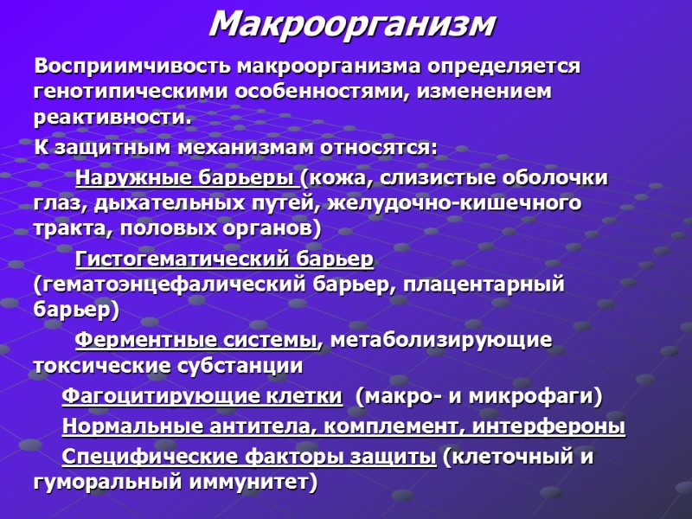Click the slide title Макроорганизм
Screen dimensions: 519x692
point(352,24)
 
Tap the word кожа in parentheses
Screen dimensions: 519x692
point(343,179)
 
